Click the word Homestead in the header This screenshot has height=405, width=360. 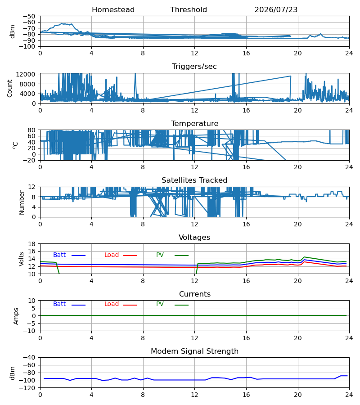pos(113,9)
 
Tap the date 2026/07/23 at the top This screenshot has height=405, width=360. pos(276,9)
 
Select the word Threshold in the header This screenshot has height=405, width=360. pos(189,9)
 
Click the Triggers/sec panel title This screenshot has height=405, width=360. pos(194,67)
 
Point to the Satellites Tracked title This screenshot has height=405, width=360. pos(194,180)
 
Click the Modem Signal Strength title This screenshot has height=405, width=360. pos(194,351)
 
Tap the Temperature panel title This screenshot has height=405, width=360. pos(194,123)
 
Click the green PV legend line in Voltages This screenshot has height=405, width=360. pos(181,256)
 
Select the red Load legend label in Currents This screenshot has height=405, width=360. pos(111,304)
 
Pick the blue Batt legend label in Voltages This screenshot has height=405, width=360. pos(59,255)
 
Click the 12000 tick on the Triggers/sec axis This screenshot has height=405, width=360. pos(26,74)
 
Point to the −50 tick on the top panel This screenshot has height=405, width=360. pos(29,16)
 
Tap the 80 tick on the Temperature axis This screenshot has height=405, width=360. pos(32,130)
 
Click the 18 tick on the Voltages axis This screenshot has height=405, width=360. pos(32,244)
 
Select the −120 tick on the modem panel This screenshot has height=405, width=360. pos(27,388)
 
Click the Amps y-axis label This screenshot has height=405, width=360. pos(16,316)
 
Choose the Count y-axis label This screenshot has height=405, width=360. pos(10,88)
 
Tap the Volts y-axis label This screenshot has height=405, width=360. pos(22,259)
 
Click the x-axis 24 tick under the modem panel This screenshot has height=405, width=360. pos(349,395)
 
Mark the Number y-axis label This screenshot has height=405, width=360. pos(22,202)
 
